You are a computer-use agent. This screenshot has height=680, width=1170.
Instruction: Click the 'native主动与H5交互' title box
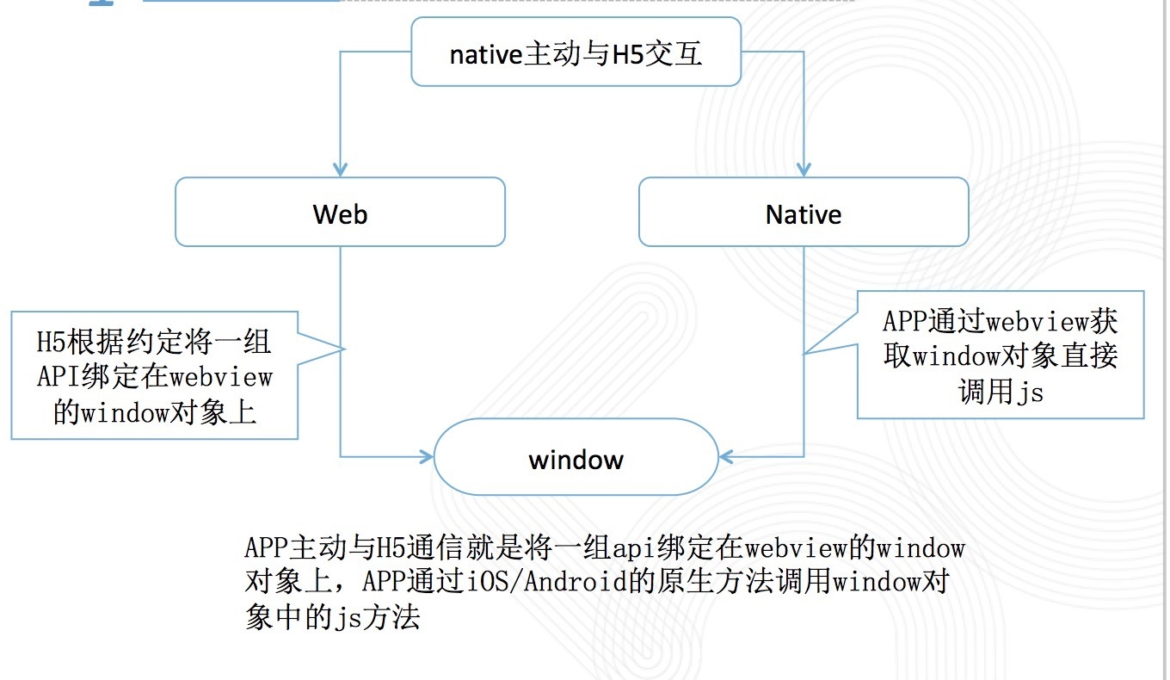tap(576, 52)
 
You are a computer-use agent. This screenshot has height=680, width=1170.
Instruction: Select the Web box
tap(340, 212)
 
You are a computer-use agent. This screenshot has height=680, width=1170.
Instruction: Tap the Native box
tap(804, 212)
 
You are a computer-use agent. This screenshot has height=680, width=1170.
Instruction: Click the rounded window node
tap(576, 457)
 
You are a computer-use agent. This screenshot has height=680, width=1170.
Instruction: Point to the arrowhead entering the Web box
tap(340, 170)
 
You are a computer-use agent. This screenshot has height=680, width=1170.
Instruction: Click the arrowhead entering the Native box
tap(804, 170)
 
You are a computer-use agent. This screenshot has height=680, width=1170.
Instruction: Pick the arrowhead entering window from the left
tap(427, 457)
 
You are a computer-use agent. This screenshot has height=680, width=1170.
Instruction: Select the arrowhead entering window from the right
tap(726, 457)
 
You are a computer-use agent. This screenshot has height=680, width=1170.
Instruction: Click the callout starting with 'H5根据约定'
tap(155, 375)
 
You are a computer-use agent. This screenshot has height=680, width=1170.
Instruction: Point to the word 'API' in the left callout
tap(58, 376)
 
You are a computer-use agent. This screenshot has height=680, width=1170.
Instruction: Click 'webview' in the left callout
tap(221, 377)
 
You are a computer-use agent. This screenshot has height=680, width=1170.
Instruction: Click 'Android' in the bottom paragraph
tap(575, 581)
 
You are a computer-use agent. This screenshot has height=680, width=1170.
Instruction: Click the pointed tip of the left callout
tap(345, 349)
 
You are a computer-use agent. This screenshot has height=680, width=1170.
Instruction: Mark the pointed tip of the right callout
tap(804, 354)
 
